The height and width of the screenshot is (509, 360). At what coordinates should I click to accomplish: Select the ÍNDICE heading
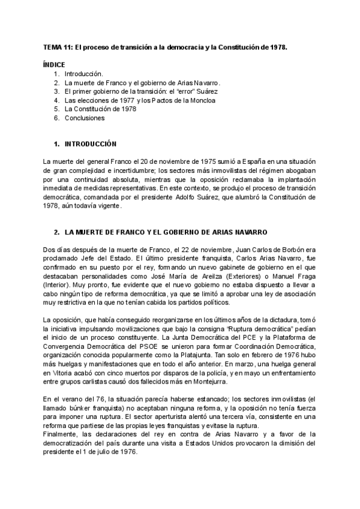[x=54, y=64]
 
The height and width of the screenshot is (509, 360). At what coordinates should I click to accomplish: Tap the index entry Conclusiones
[x=84, y=118]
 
